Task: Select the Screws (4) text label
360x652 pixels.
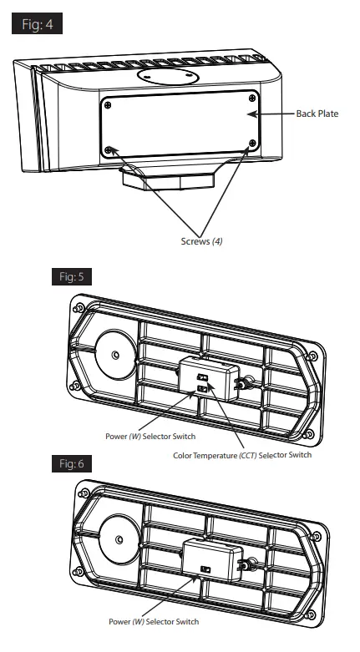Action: tap(201, 240)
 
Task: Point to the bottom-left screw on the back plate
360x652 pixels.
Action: tap(109, 150)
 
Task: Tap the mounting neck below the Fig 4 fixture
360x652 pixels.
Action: tap(167, 177)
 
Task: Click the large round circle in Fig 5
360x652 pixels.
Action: tap(115, 355)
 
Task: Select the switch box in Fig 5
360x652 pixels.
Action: tap(207, 380)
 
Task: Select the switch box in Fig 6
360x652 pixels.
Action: tap(210, 559)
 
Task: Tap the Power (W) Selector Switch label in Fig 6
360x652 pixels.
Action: tap(154, 621)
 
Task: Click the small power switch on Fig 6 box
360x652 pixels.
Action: tap(205, 569)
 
